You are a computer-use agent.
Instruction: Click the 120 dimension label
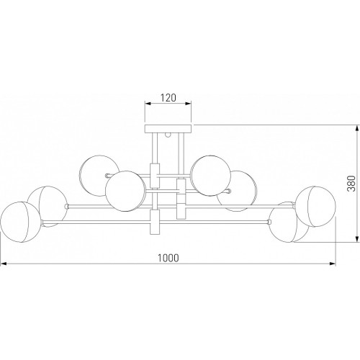pyautogui.click(x=168, y=98)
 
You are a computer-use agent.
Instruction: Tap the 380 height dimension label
pyautogui.click(x=351, y=183)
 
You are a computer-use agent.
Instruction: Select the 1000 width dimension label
pyautogui.click(x=168, y=258)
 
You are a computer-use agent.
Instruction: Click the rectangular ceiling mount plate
pyautogui.click(x=168, y=129)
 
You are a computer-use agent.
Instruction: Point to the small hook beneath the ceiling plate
pyautogui.click(x=168, y=135)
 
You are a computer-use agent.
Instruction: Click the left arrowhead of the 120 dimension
pyautogui.click(x=148, y=104)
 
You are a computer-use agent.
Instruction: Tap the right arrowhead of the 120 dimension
pyautogui.click(x=189, y=104)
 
